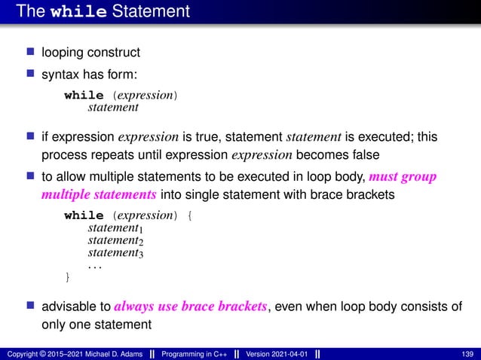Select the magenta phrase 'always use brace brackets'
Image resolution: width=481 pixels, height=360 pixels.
190,307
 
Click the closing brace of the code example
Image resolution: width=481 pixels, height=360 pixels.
68,278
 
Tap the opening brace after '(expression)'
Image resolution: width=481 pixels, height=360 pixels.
188,215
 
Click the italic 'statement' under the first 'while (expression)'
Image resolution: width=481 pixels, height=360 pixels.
113,108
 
